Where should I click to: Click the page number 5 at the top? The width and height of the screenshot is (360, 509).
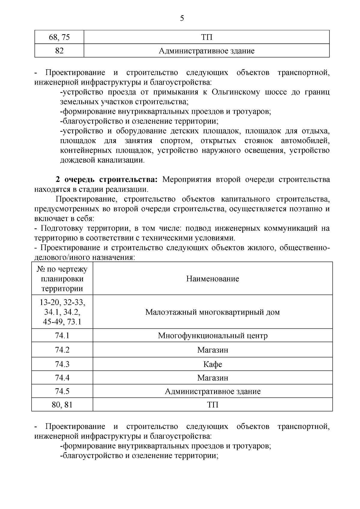[x=182, y=19]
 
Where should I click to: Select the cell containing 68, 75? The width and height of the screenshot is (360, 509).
[x=59, y=37]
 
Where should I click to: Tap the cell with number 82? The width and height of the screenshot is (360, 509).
[x=59, y=51]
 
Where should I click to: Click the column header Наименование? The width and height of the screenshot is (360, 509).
[x=212, y=279]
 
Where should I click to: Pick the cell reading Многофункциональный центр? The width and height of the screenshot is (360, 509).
[x=212, y=335]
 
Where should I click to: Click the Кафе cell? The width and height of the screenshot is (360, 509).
[x=212, y=364]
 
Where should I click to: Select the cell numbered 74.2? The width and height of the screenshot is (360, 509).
[x=62, y=350]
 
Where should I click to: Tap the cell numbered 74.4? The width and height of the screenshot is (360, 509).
[x=62, y=378]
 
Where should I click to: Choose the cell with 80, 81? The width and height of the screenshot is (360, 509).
[x=62, y=405]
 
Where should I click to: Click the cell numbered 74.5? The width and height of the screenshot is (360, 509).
[x=62, y=391]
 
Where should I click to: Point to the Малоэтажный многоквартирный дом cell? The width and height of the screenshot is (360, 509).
[x=212, y=312]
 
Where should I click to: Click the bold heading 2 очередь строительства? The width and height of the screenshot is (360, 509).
[x=106, y=180]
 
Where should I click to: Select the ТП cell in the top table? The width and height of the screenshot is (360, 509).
[x=206, y=37]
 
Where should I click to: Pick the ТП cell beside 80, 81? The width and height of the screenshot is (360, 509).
[x=212, y=405]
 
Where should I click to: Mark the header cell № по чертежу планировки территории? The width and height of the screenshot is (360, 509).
[x=62, y=279]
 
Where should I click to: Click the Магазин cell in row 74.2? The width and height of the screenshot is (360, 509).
[x=212, y=350]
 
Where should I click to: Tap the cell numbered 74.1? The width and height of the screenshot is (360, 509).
[x=62, y=335]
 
